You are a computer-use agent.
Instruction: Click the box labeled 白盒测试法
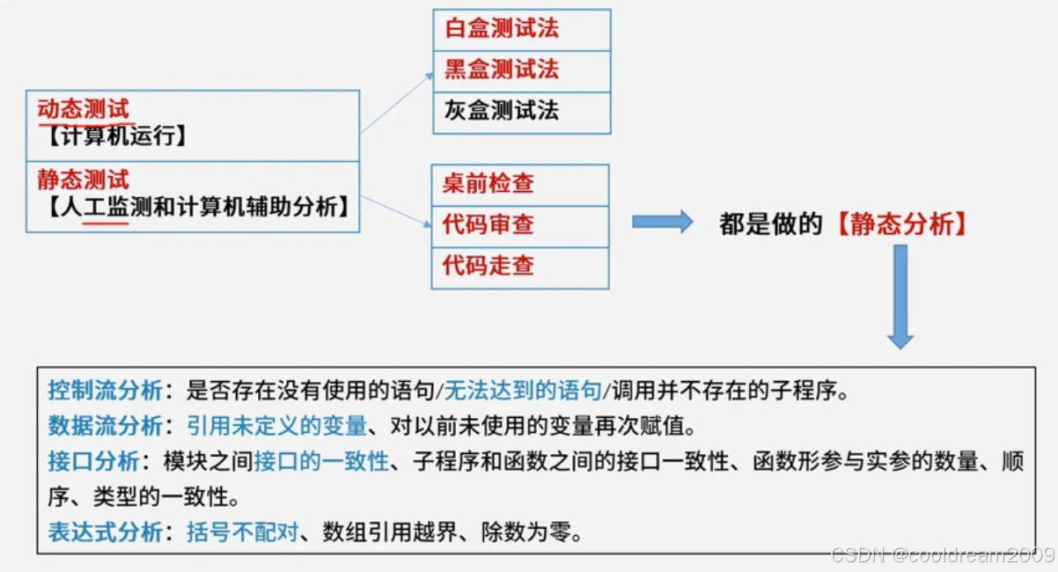(x=521, y=30)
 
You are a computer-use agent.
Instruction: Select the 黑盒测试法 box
(x=521, y=70)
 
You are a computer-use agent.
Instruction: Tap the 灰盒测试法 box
(x=521, y=112)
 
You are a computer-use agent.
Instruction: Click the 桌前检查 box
(x=519, y=185)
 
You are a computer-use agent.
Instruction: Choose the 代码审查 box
(x=519, y=225)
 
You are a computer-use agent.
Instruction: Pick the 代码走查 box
(x=519, y=267)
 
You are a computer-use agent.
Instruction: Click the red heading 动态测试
(x=84, y=110)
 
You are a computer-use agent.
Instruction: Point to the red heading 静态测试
(x=84, y=180)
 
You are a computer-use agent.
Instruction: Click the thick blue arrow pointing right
(x=662, y=222)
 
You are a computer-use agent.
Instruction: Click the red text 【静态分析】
(x=902, y=225)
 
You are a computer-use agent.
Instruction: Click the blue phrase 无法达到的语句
(x=523, y=391)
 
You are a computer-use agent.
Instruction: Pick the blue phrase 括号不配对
(x=243, y=532)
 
